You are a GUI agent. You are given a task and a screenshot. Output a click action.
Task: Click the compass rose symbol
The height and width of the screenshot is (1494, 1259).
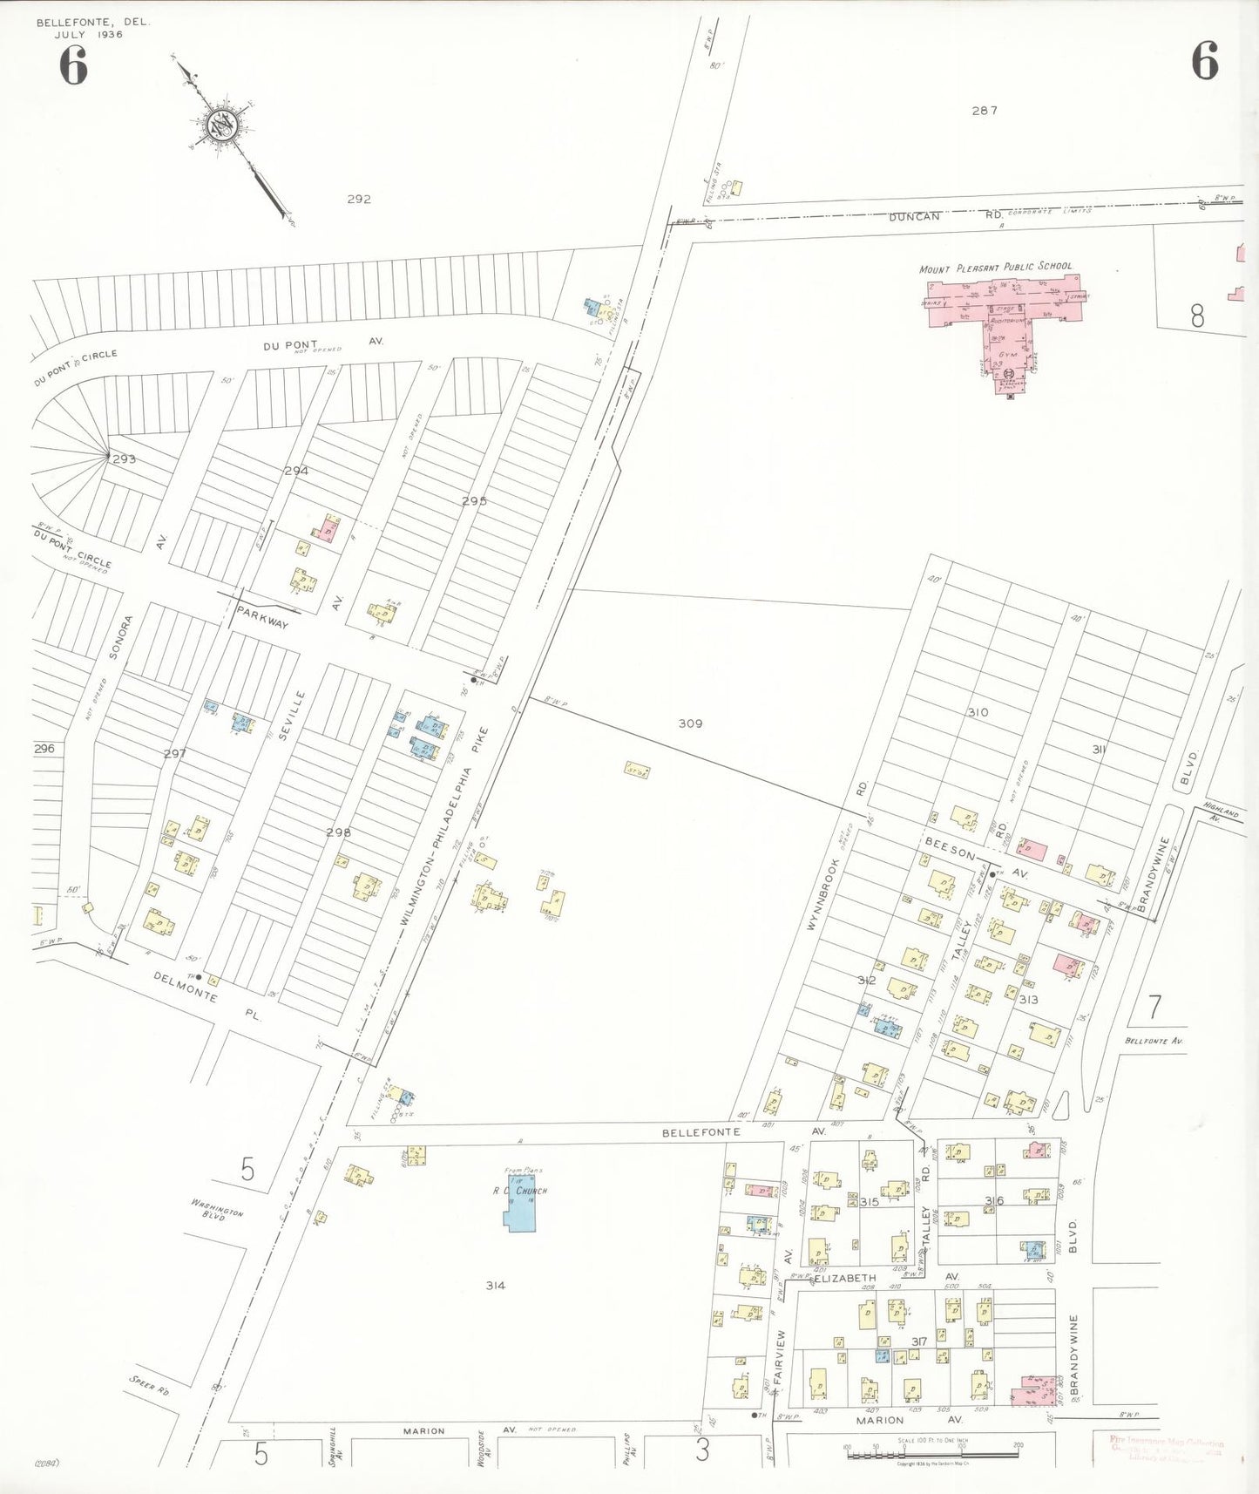[x=224, y=127]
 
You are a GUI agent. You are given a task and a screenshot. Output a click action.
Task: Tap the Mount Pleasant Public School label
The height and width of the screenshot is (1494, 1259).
[x=996, y=267]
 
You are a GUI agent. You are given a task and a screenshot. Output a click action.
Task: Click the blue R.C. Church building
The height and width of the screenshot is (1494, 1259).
[x=523, y=1203]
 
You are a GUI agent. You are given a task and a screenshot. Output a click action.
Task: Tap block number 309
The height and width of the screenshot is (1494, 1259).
[x=691, y=723]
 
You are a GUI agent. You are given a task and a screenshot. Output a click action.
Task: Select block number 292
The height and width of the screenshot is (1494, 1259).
[x=359, y=199]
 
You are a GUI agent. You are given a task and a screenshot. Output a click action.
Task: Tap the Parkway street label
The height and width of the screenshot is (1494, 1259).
[x=262, y=618]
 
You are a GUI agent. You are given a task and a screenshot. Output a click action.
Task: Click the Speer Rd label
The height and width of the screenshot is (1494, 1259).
[x=149, y=1385]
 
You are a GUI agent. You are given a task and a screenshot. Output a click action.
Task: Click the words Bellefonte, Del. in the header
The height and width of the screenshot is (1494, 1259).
[x=93, y=23]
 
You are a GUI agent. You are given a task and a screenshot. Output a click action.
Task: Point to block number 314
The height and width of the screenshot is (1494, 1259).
[x=496, y=1285]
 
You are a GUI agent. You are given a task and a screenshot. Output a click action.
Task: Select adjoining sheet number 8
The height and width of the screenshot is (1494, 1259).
[x=1197, y=316]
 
